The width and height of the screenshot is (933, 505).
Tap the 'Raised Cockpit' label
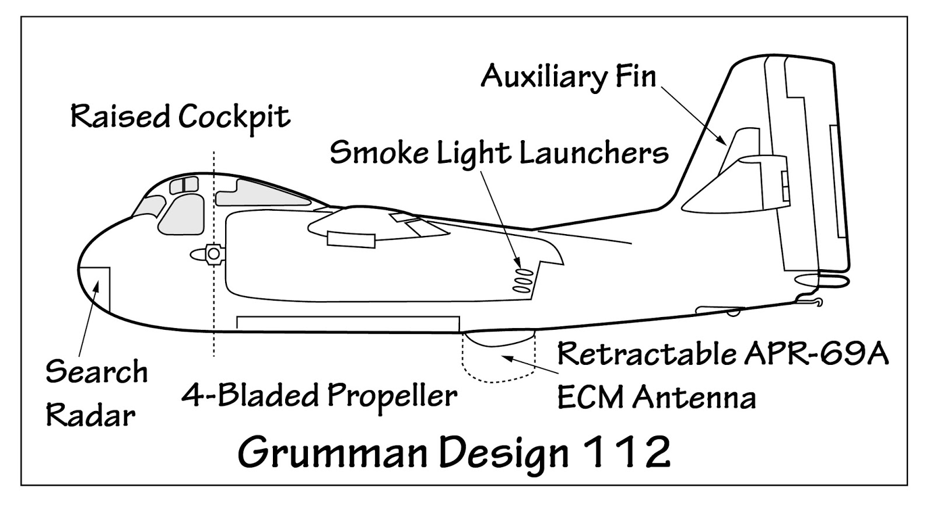[x=180, y=116]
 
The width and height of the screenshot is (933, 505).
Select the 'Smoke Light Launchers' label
[x=499, y=153]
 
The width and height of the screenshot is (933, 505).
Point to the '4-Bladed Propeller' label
[x=319, y=396]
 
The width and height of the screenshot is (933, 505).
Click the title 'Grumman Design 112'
[x=454, y=452]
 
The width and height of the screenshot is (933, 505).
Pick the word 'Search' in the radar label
[x=97, y=372]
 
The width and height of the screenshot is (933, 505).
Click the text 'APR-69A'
[x=816, y=353]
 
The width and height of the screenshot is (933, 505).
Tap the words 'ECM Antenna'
[x=656, y=398]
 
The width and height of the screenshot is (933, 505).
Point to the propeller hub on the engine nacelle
[x=213, y=254]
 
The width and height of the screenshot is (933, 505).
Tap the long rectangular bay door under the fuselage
[x=348, y=323]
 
